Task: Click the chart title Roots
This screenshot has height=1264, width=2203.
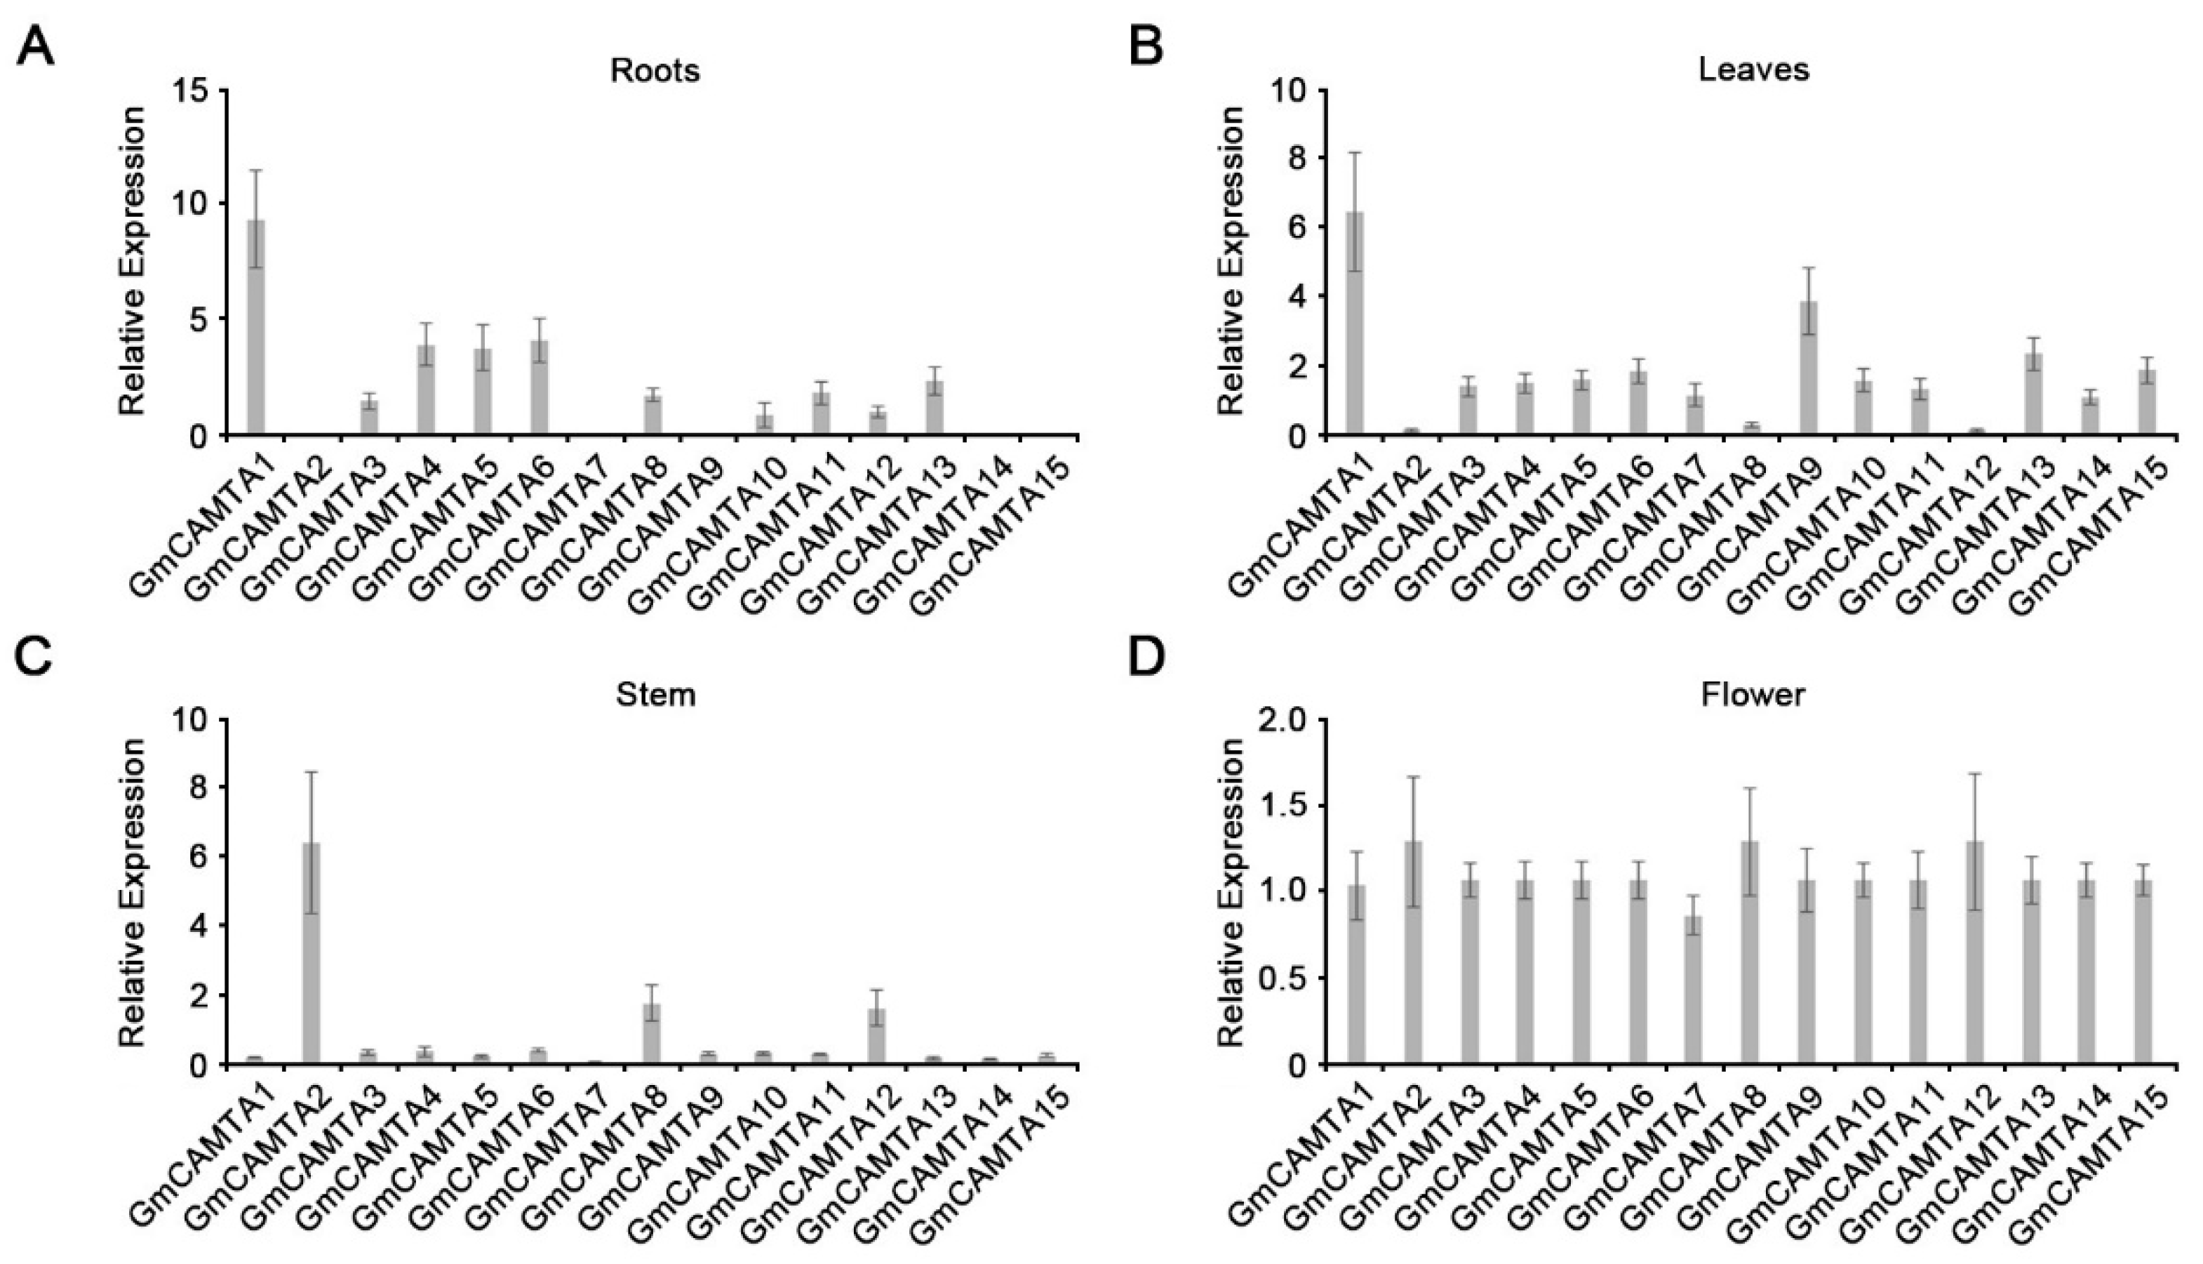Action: click(655, 70)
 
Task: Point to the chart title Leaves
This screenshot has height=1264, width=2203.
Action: click(1753, 70)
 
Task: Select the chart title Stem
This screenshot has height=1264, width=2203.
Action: click(655, 696)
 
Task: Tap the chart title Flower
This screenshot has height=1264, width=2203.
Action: click(1753, 696)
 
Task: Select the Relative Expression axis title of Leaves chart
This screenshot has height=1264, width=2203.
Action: click(1231, 260)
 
